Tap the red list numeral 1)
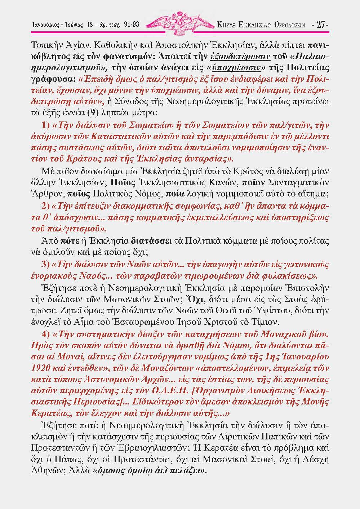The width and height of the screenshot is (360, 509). click(46, 126)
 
